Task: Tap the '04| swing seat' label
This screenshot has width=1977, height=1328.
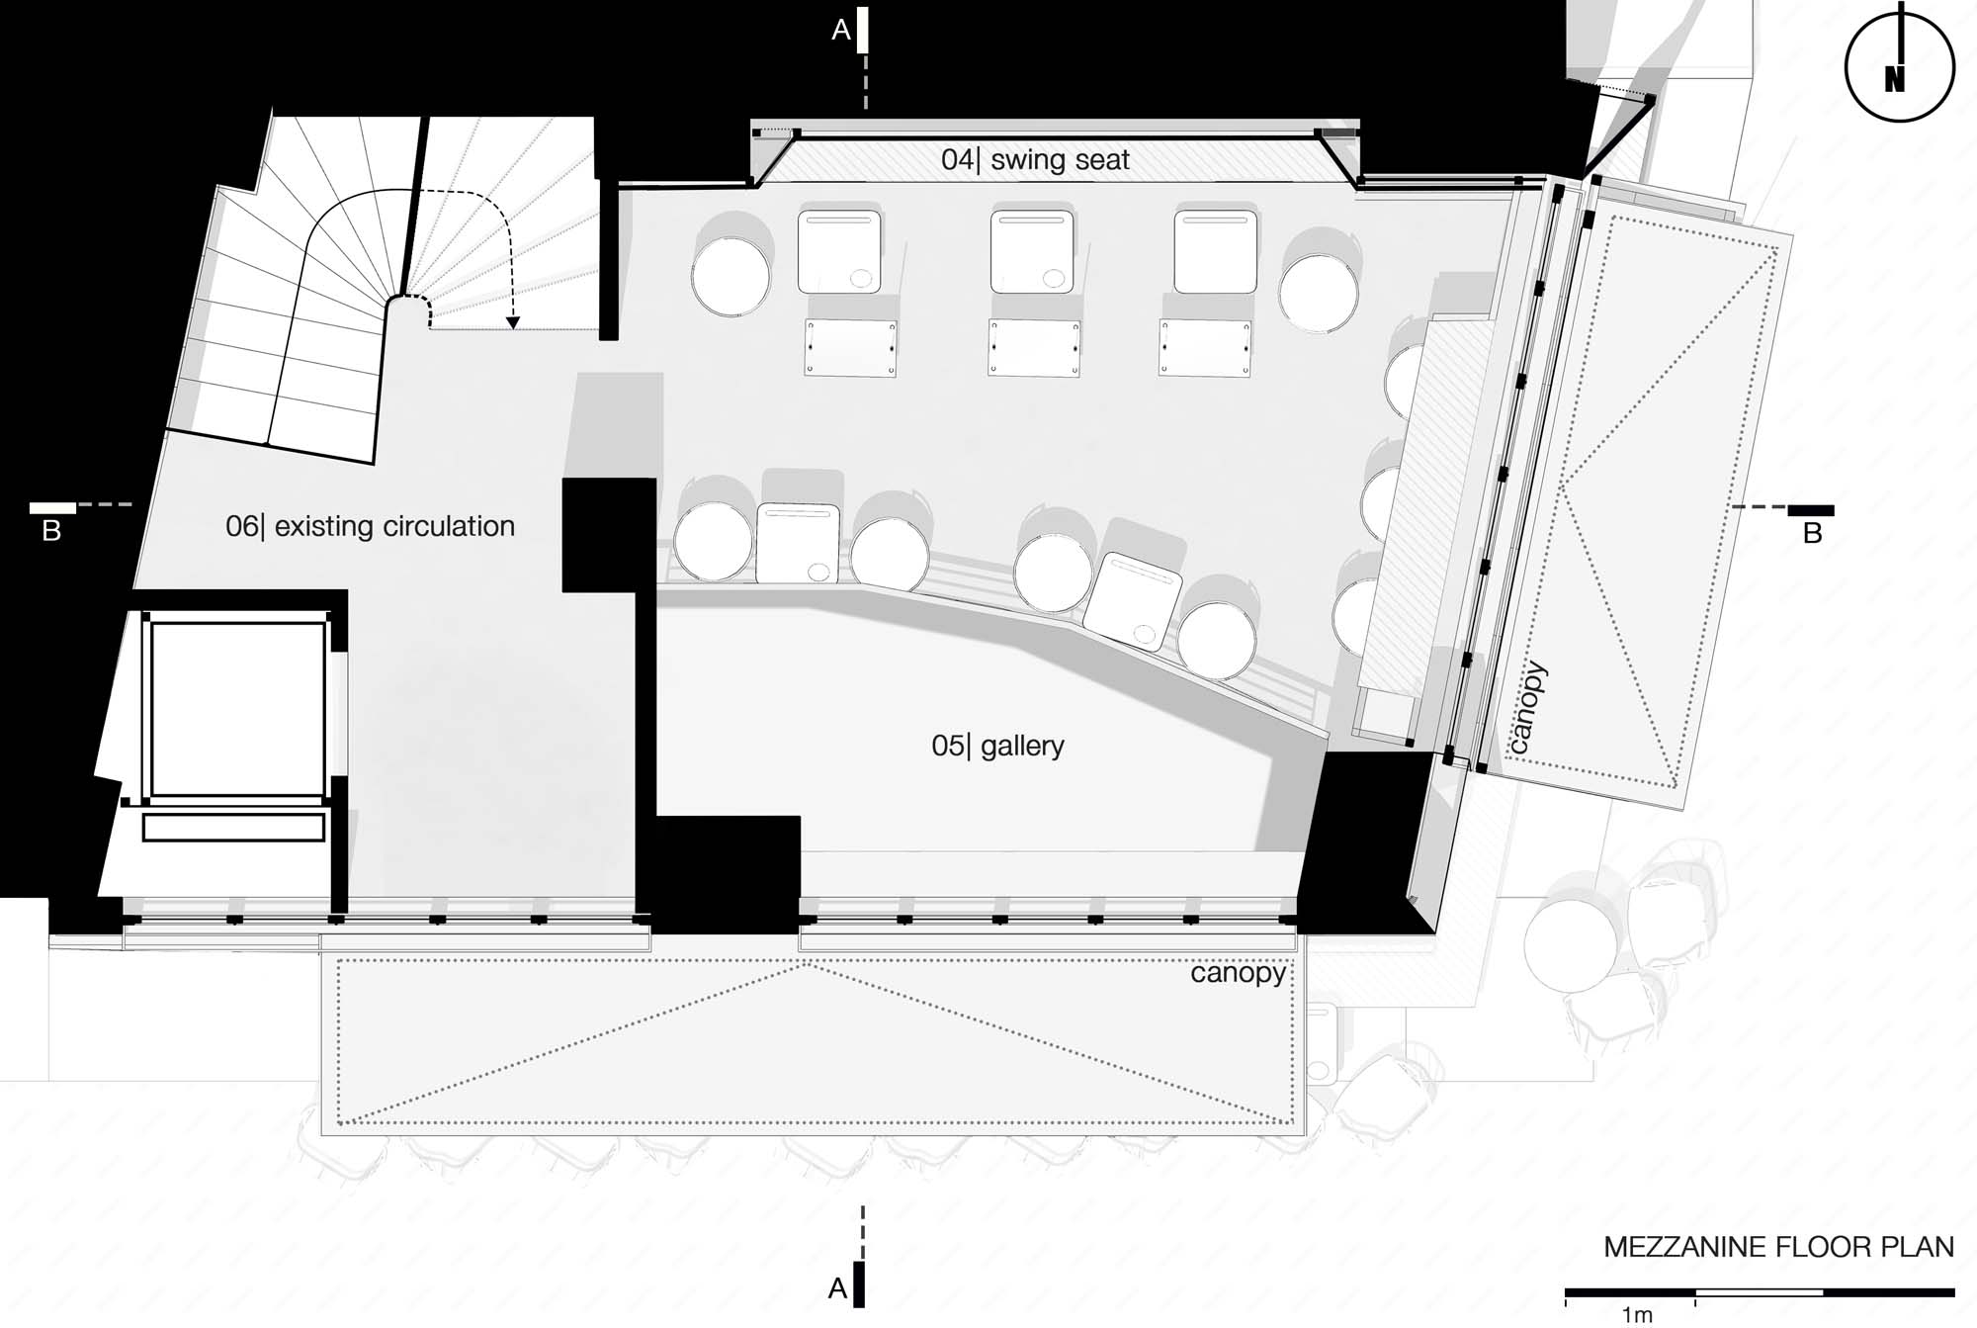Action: tap(1035, 160)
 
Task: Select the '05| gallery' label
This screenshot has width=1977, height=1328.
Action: tap(997, 745)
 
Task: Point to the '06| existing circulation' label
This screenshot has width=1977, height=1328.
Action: tap(370, 526)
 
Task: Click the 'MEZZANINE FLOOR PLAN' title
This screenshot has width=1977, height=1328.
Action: tap(1778, 1247)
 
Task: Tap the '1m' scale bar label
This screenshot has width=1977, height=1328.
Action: tap(1637, 1315)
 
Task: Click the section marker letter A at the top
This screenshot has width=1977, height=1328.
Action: tap(841, 31)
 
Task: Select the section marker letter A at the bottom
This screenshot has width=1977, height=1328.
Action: tap(838, 1289)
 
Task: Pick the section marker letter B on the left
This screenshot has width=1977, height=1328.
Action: tap(52, 532)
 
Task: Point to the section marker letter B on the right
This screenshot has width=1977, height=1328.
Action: tap(1812, 534)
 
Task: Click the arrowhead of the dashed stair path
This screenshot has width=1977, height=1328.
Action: tap(512, 322)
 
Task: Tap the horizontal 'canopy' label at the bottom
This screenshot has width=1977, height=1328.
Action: tap(1238, 974)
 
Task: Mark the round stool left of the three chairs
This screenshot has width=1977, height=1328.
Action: tap(731, 276)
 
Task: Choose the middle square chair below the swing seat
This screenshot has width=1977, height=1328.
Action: tap(1031, 251)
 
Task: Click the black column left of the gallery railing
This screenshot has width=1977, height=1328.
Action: tap(609, 535)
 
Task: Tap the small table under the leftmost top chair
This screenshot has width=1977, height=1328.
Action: tap(851, 348)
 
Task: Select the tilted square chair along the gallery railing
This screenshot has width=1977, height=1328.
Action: tap(1133, 599)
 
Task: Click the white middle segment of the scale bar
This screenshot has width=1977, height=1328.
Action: tap(1760, 1292)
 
